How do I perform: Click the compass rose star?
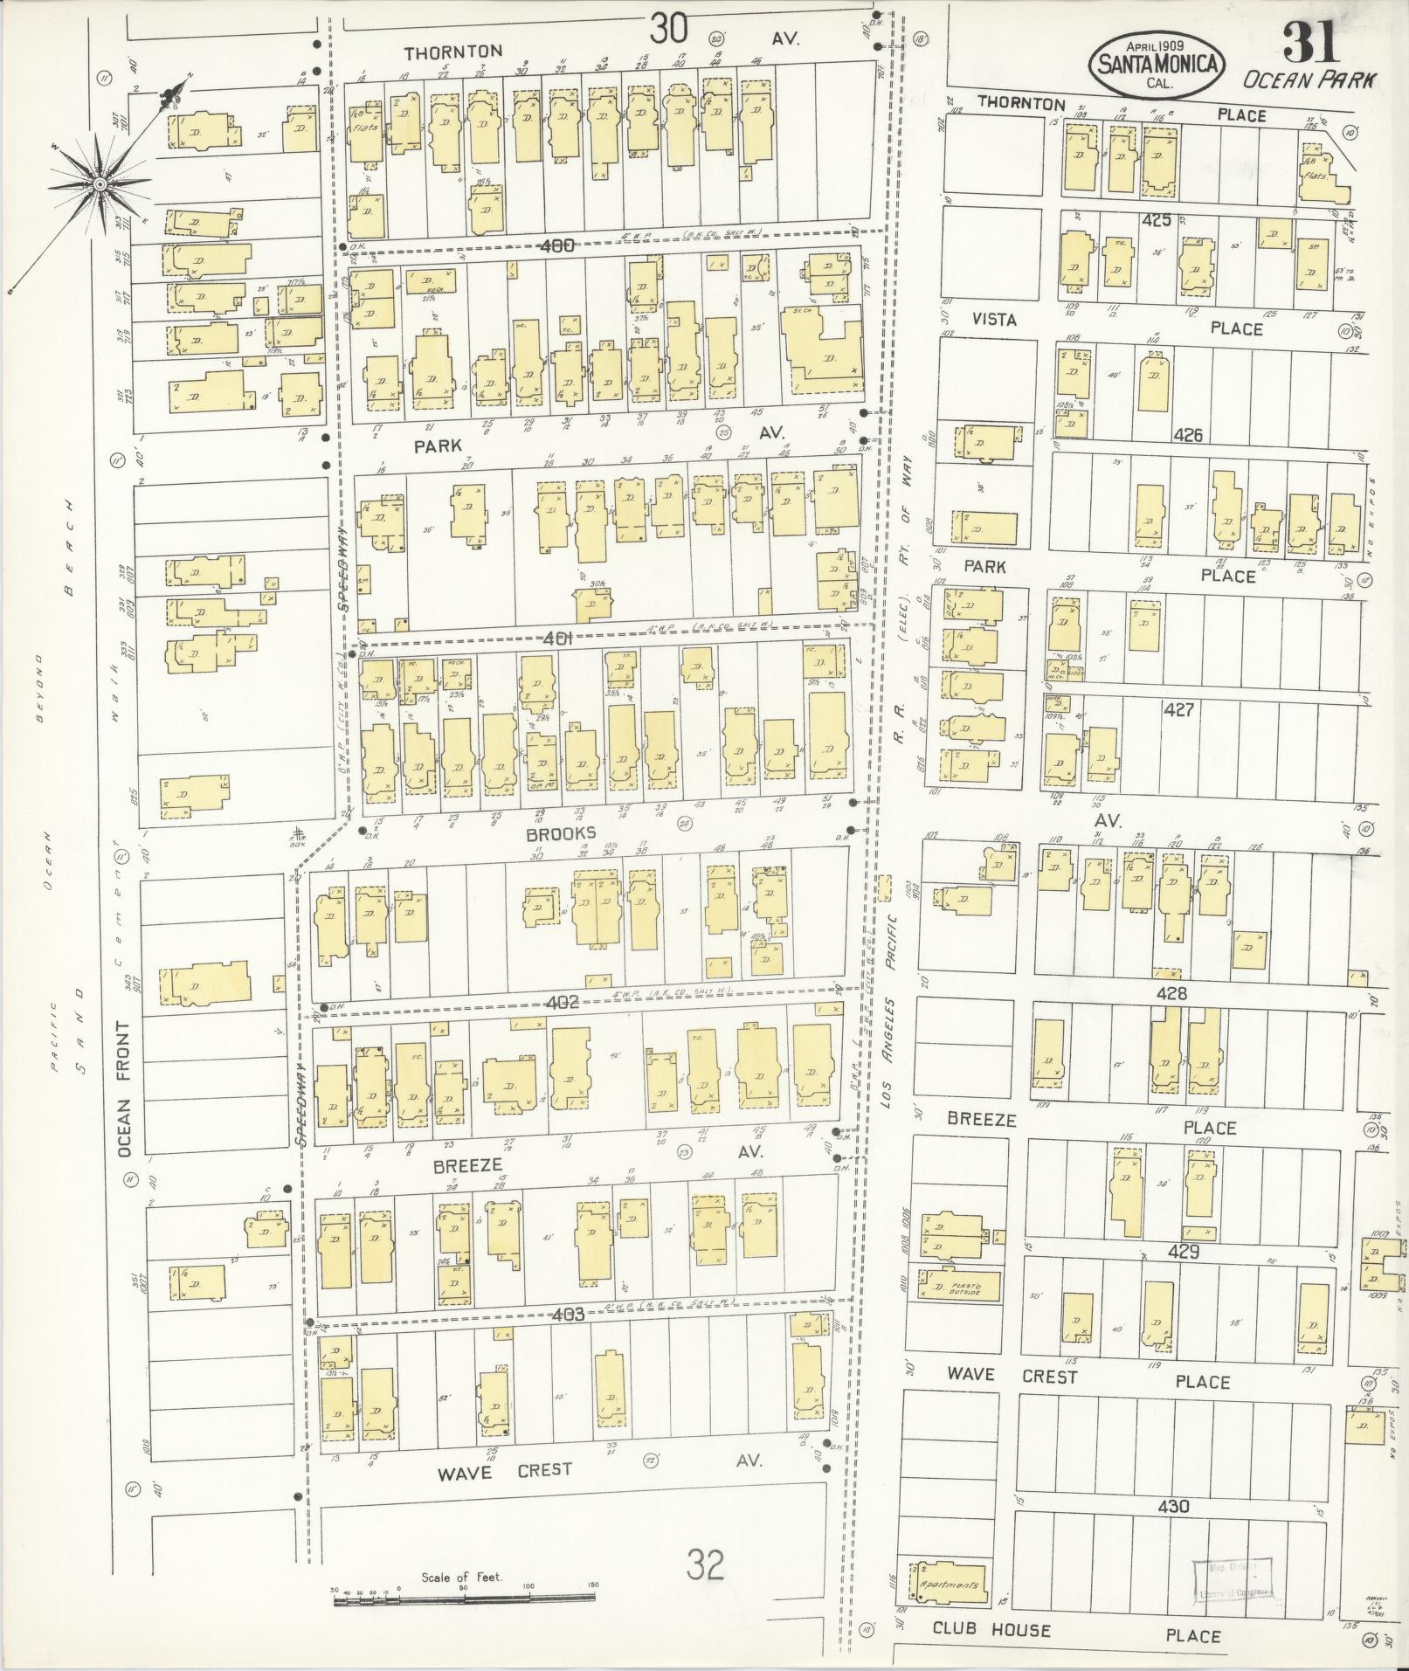pyautogui.click(x=100, y=184)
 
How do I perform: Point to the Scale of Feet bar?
pyautogui.click(x=464, y=1598)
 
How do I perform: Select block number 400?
pyautogui.click(x=556, y=245)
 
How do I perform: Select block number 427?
pyautogui.click(x=1178, y=710)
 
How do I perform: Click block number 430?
pyautogui.click(x=1173, y=1506)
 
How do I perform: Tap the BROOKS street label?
pyautogui.click(x=561, y=833)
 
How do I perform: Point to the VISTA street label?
pyautogui.click(x=995, y=320)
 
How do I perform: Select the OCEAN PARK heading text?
pyautogui.click(x=1309, y=80)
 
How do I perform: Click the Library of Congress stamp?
pyautogui.click(x=1232, y=1582)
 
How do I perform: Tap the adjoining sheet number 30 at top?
pyautogui.click(x=668, y=31)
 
